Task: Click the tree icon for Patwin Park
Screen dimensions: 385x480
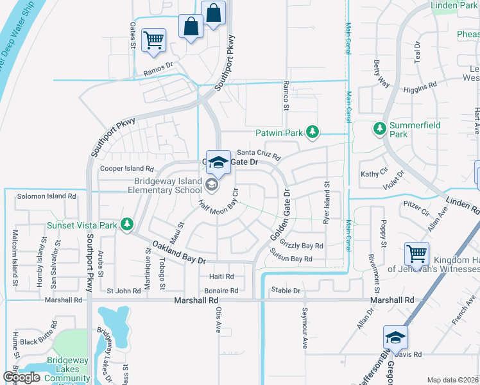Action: tap(313, 133)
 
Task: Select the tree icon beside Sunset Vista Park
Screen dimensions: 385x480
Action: tap(127, 225)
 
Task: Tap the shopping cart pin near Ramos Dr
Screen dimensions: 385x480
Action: tap(154, 40)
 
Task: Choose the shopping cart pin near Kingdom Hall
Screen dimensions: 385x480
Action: tap(417, 254)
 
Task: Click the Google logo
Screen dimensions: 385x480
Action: tap(21, 377)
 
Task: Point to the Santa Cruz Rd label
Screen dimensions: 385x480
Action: tap(259, 154)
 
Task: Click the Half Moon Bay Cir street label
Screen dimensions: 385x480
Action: tap(218, 206)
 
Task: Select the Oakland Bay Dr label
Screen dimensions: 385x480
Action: tap(179, 252)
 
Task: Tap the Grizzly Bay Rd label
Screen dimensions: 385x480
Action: tap(302, 246)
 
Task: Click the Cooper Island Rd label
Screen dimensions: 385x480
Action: tap(127, 169)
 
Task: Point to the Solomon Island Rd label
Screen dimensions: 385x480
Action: tap(47, 196)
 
